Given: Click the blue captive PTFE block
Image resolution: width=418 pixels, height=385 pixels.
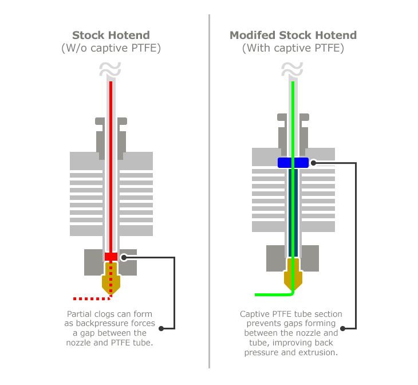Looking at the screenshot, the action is click(293, 163).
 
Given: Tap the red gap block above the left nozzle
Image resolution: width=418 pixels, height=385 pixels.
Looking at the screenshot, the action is click(111, 257).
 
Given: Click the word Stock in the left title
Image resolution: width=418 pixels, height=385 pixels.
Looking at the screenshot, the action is click(88, 35).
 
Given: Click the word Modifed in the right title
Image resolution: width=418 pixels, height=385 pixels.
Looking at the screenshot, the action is click(253, 35).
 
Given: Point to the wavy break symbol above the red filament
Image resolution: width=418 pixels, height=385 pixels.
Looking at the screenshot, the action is click(110, 69).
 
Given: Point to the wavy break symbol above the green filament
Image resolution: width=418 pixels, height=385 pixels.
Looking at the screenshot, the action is click(292, 69).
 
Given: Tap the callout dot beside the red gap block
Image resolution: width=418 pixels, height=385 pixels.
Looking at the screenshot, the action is click(124, 257).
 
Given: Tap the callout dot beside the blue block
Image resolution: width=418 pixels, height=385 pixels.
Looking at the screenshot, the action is click(314, 163).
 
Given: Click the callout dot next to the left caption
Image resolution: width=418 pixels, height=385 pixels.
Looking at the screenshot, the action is click(161, 328).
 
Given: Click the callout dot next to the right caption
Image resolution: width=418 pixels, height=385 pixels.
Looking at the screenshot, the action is click(343, 328).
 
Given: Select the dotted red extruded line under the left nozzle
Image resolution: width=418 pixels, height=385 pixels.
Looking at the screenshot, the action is click(92, 298).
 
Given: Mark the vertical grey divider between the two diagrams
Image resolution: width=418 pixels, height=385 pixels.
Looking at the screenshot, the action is click(209, 191).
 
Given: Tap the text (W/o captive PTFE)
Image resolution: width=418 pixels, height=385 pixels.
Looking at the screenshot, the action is click(111, 48).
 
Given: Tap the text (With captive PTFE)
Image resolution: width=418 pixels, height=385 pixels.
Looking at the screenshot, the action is click(293, 48).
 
